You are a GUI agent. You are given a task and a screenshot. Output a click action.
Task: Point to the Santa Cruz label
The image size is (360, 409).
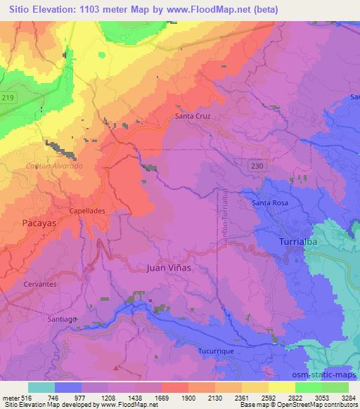[x=193, y=116]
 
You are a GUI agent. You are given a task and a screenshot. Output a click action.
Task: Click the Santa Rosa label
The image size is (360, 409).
[x=270, y=203]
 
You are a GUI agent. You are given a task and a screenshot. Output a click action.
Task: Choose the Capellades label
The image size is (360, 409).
[x=87, y=210]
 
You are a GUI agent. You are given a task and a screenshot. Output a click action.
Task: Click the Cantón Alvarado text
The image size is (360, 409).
[x=53, y=165]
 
